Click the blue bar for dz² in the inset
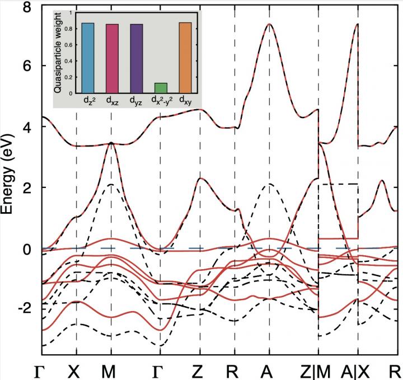(x=88, y=58)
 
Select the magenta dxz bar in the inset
(x=112, y=59)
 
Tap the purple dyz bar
(x=136, y=59)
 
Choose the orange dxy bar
(x=185, y=58)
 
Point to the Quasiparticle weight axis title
(x=58, y=59)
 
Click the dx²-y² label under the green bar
(x=161, y=101)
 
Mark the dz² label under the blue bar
(x=88, y=101)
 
